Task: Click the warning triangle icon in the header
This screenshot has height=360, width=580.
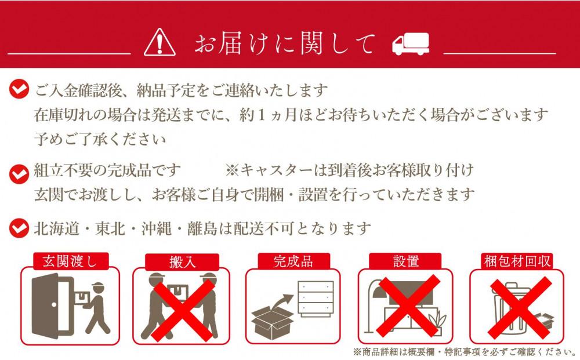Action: (160, 43)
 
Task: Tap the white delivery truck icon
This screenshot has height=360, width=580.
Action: (411, 44)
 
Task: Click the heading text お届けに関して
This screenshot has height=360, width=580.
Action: (285, 43)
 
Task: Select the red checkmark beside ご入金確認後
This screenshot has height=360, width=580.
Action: (19, 89)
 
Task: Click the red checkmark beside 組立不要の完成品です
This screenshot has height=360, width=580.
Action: (19, 174)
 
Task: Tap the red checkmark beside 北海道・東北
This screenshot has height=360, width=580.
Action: (19, 228)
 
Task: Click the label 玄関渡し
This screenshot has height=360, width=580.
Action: (70, 261)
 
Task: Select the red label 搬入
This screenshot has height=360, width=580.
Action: (182, 262)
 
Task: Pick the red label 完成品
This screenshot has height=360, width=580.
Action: (293, 261)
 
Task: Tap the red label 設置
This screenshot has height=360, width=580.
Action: (406, 261)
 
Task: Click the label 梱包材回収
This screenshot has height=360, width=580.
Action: (517, 261)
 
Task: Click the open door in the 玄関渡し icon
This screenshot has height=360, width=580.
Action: (52, 306)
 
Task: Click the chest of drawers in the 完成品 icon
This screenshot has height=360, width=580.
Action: (316, 299)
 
